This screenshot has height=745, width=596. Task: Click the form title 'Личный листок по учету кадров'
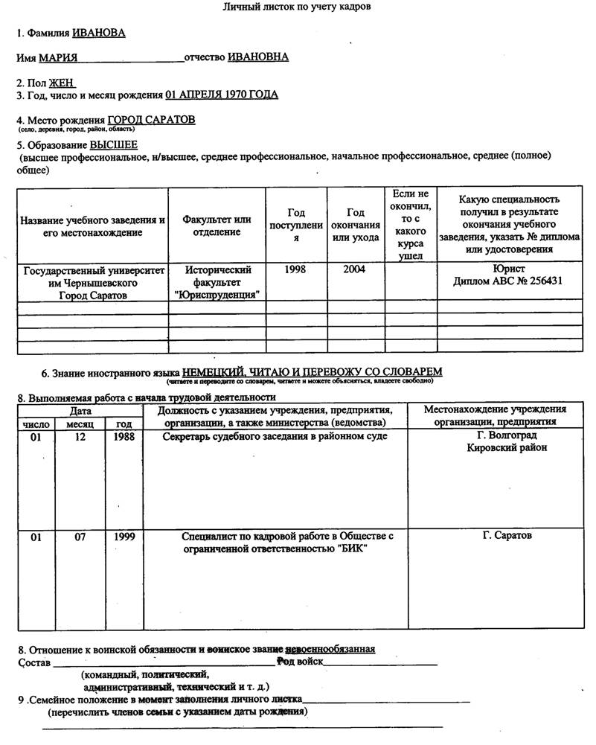[x=297, y=7]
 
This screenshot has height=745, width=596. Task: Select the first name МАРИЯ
[x=58, y=57]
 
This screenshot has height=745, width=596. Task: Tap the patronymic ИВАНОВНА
[x=258, y=57]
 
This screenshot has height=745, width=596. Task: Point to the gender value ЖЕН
[x=61, y=83]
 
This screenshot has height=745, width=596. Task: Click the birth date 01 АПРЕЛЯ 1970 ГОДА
[x=222, y=95]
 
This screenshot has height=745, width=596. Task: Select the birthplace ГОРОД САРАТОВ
[x=151, y=120]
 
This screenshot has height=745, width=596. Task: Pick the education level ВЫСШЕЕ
[x=114, y=145]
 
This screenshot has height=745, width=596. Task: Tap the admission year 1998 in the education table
[x=295, y=269]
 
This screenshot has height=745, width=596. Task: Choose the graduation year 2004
[x=354, y=269]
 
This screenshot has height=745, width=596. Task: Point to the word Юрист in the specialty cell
[x=509, y=269]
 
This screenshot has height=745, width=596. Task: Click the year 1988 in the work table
[x=124, y=437]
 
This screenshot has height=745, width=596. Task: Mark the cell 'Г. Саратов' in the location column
[x=507, y=536]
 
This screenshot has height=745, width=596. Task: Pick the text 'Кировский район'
[x=507, y=448]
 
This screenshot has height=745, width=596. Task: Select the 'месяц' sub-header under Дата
[x=80, y=423]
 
